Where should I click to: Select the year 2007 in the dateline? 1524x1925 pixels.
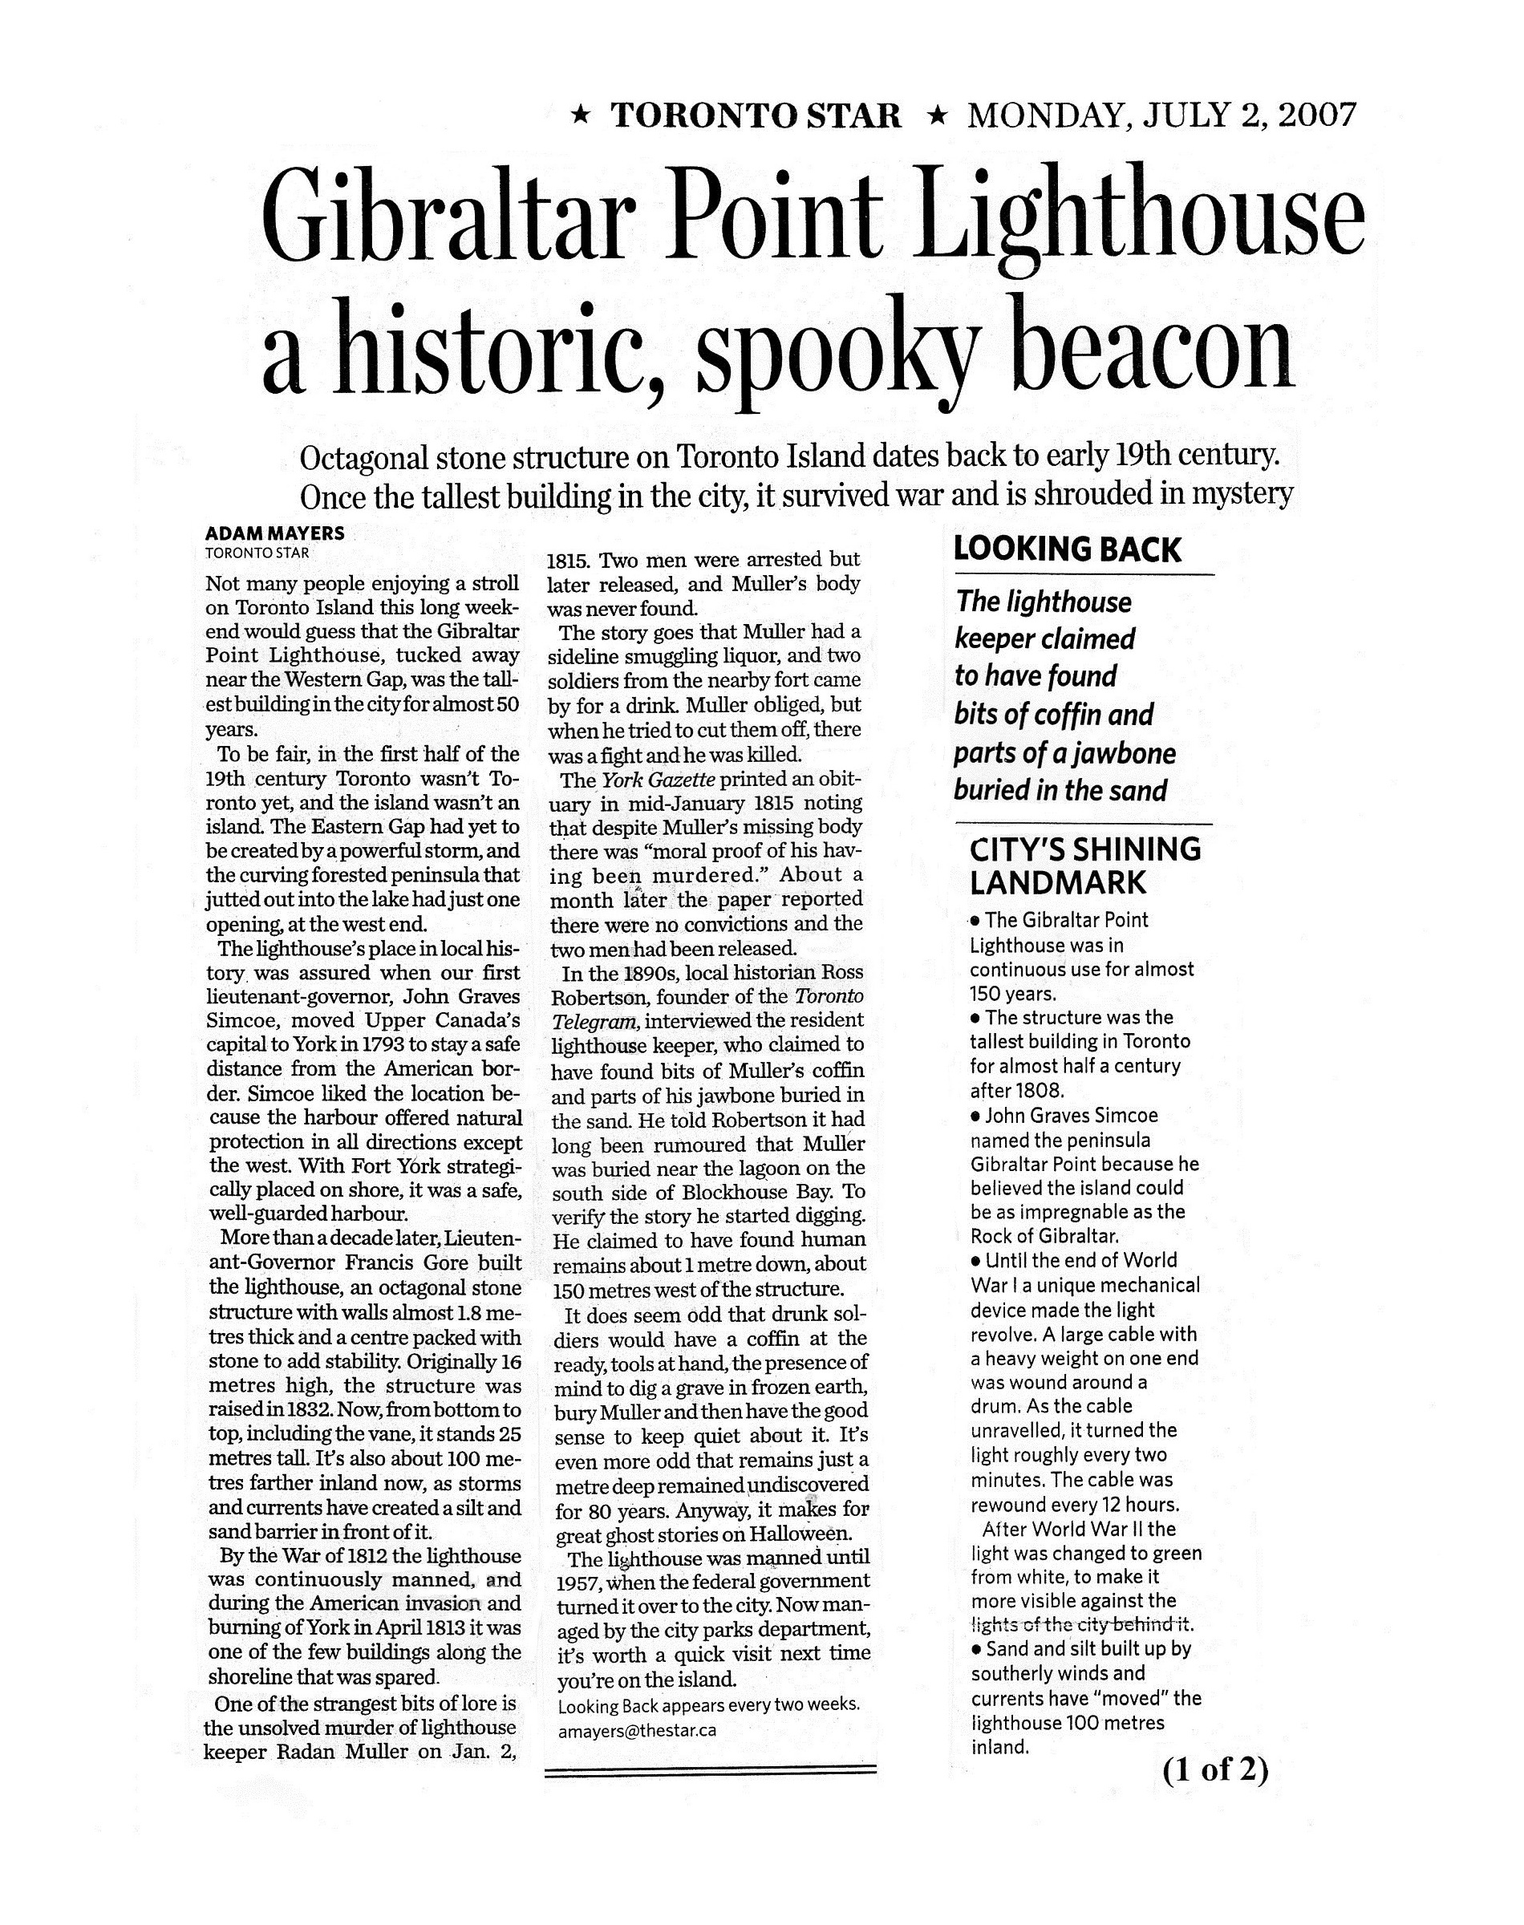coord(1317,116)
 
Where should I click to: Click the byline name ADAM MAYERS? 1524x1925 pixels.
coord(275,533)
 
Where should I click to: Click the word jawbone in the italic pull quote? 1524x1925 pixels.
coord(1124,754)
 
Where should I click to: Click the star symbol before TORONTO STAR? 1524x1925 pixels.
coord(580,116)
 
